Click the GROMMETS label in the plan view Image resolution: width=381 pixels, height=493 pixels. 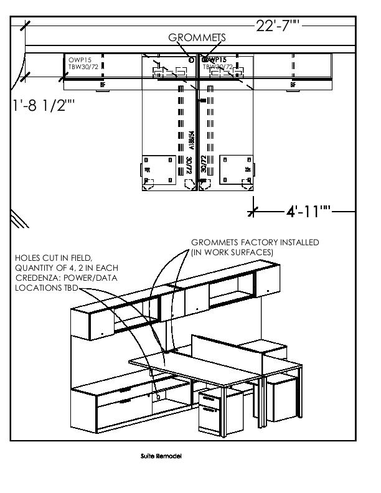pyautogui.click(x=197, y=39)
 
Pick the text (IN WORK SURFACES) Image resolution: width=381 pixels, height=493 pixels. pyautogui.click(x=232, y=252)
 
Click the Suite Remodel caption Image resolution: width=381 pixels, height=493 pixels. pyautogui.click(x=161, y=456)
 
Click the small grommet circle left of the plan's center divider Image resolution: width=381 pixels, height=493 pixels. pyautogui.click(x=190, y=60)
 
